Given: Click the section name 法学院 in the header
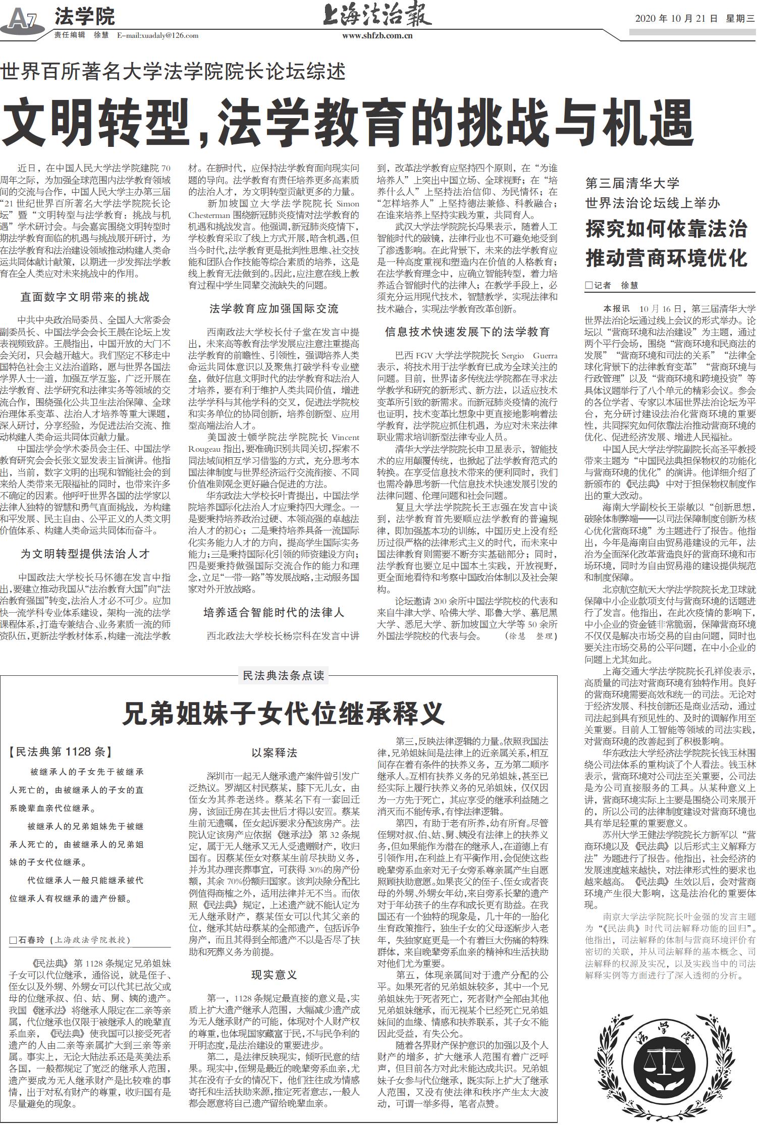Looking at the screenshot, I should pyautogui.click(x=84, y=17).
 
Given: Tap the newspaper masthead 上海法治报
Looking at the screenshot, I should pyautogui.click(x=377, y=15).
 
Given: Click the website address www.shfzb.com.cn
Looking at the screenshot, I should pyautogui.click(x=377, y=36).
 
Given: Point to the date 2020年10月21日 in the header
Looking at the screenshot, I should pyautogui.click(x=676, y=19).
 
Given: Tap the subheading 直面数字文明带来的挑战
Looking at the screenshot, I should pyautogui.click(x=85, y=297).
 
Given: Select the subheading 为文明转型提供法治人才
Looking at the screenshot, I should pyautogui.click(x=85, y=554).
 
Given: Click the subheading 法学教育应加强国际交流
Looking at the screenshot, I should pyautogui.click(x=274, y=308).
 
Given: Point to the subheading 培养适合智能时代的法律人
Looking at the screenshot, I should pyautogui.click(x=274, y=612).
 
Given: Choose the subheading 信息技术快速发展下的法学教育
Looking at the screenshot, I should pyautogui.click(x=467, y=332).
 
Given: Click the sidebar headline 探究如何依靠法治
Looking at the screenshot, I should pyautogui.click(x=666, y=229).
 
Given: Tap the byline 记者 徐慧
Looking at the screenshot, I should pyautogui.click(x=611, y=285).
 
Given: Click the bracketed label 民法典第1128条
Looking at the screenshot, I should pyautogui.click(x=60, y=752).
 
